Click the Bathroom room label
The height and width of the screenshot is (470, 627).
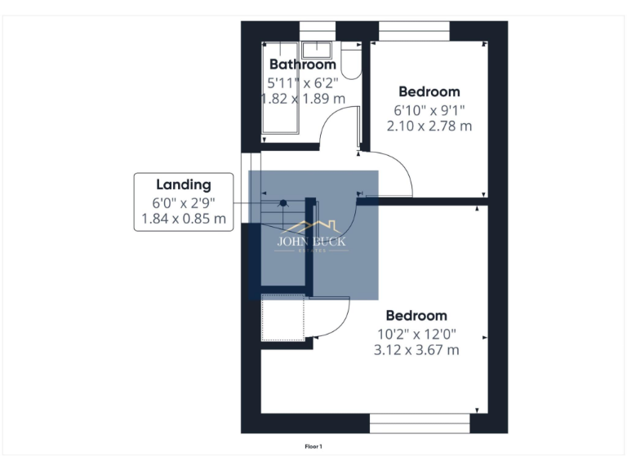point(302,64)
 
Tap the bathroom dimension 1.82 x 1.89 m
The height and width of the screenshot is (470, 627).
point(302,99)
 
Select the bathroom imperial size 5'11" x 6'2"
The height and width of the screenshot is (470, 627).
point(302,82)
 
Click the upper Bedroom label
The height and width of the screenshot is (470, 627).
point(429,92)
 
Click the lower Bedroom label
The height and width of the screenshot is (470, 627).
point(416,316)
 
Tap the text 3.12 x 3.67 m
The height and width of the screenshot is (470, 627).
point(416,350)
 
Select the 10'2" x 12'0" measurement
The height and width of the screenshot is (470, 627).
point(416,333)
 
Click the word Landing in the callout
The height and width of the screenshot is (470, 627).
point(183,185)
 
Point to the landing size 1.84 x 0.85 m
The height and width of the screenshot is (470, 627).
point(183,219)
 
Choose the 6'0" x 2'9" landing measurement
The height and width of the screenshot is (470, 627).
point(183,202)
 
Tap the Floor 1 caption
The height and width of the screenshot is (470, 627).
point(313,446)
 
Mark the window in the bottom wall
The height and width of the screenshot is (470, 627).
point(420,423)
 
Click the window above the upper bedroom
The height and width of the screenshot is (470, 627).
point(414,30)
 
